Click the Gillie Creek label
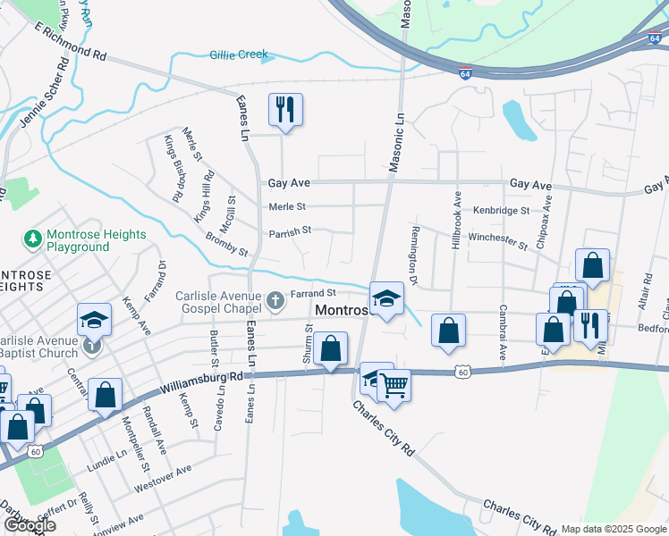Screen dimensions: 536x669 pyautogui.click(x=239, y=54)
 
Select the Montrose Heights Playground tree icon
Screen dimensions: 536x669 pyautogui.click(x=33, y=239)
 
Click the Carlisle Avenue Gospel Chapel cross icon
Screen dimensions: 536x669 pyautogui.click(x=277, y=297)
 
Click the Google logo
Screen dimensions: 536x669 pyautogui.click(x=29, y=525)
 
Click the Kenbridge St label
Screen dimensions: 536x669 pyautogui.click(x=501, y=211)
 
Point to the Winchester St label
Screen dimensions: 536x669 pyautogui.click(x=499, y=239)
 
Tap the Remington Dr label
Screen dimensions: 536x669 pyautogui.click(x=415, y=254)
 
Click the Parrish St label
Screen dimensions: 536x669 pyautogui.click(x=289, y=230)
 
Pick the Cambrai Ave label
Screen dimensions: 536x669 pyautogui.click(x=503, y=340)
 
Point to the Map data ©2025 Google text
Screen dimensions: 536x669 pyautogui.click(x=614, y=529)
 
